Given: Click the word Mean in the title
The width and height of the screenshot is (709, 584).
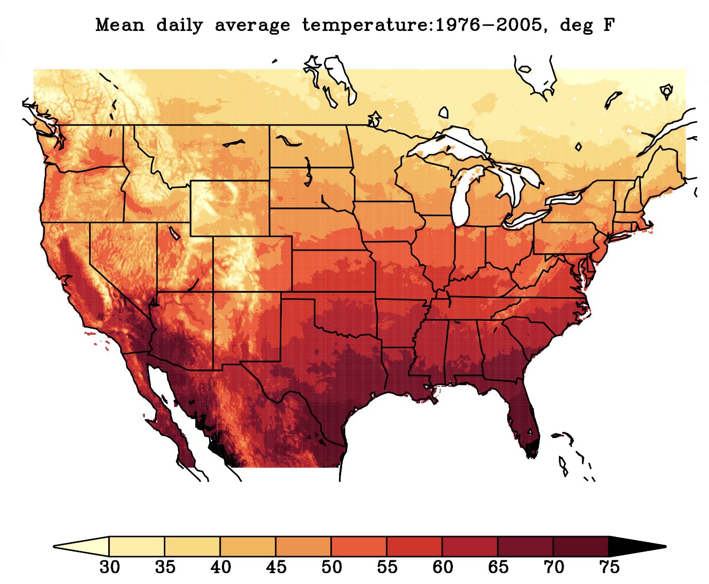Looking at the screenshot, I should [120, 25].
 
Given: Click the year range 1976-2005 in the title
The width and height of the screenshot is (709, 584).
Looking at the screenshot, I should [490, 25].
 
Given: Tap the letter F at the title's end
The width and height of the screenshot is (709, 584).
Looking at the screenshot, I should [609, 25].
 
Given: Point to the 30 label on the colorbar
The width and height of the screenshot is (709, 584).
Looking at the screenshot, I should [109, 567].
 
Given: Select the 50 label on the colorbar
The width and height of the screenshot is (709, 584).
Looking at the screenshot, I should [331, 567].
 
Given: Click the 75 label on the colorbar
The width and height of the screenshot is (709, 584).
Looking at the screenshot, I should [609, 567].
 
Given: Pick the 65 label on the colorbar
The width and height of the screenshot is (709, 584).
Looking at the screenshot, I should [498, 567].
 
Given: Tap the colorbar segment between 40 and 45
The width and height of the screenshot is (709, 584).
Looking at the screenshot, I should [248, 546].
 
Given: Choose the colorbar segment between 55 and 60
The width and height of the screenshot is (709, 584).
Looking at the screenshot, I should [414, 546].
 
